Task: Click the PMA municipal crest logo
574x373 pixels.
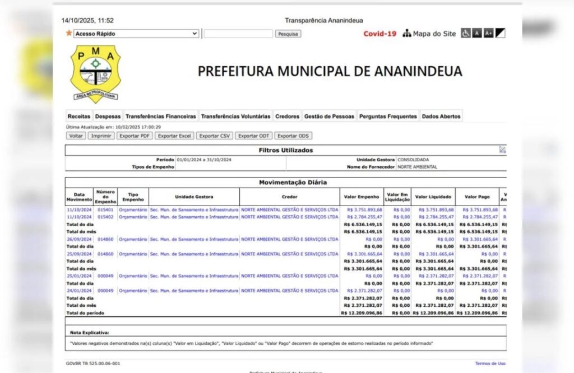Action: point(96,73)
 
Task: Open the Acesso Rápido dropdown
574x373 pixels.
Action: point(136,34)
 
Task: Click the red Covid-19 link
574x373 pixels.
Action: point(379,34)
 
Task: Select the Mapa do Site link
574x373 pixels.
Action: point(429,34)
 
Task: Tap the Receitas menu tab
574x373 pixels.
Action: point(78,116)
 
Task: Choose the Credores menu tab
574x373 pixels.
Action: point(287,116)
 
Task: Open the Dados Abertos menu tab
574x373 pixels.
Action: point(441,116)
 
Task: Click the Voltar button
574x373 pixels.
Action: point(76,136)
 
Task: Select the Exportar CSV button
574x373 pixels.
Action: point(215,136)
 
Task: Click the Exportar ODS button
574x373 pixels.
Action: point(293,136)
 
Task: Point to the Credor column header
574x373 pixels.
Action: point(290,197)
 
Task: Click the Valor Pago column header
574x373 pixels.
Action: point(476,197)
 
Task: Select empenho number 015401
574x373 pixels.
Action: point(105,210)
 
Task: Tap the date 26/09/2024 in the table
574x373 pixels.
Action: point(78,239)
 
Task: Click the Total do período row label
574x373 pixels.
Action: point(85,313)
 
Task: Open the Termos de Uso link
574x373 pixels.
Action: point(490,363)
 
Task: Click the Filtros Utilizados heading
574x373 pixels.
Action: point(286,150)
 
